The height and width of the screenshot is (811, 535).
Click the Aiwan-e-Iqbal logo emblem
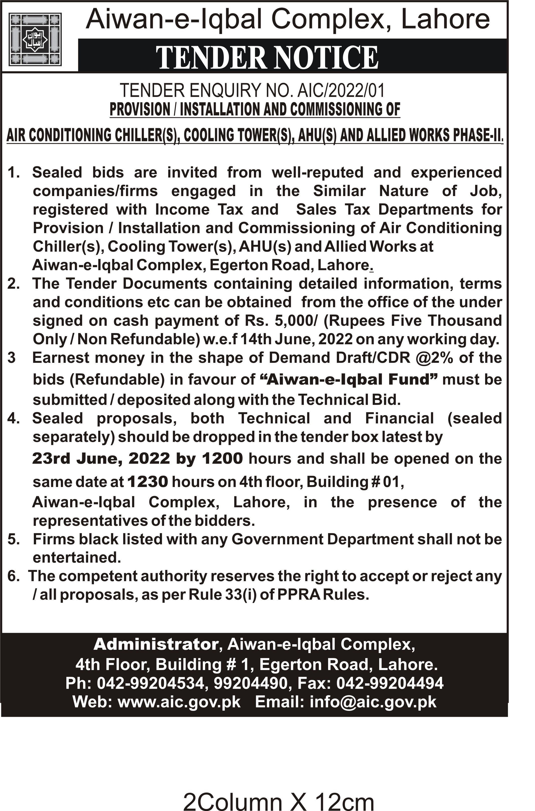point(35,39)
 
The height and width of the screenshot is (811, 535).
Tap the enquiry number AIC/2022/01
point(341,91)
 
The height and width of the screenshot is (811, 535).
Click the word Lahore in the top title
point(445,20)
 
